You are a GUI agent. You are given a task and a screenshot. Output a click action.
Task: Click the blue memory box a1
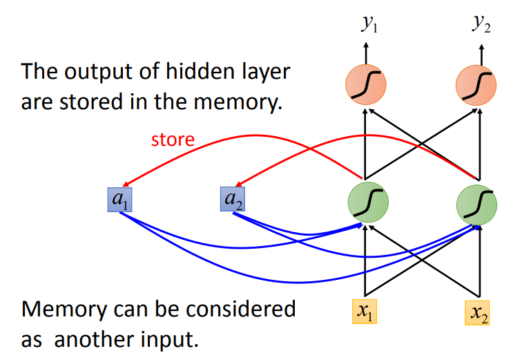coord(119,200)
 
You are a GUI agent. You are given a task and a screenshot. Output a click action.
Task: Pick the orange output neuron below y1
coord(366,84)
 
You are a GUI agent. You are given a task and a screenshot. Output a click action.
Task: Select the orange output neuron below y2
coord(477,84)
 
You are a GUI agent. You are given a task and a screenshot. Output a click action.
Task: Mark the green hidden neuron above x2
coord(477,201)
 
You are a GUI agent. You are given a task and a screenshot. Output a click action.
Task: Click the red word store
coord(173,140)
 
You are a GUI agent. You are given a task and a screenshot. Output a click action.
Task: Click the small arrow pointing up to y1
coord(367,52)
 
